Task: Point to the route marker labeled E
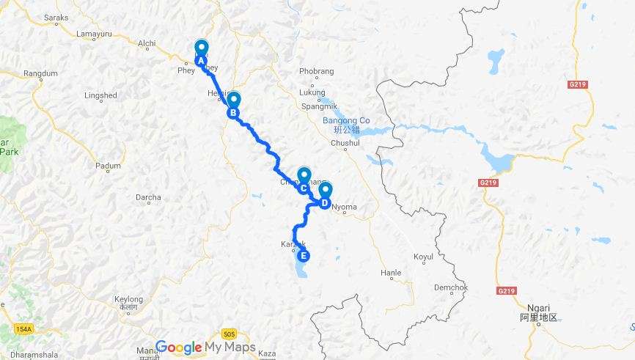point(302,256)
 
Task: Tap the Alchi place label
point(147,43)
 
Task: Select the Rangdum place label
point(40,73)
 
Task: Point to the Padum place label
point(108,166)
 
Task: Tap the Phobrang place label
point(317,71)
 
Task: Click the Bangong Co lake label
point(346,120)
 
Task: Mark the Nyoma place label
point(344,207)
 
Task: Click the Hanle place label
point(391,273)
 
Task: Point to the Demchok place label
point(450,287)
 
